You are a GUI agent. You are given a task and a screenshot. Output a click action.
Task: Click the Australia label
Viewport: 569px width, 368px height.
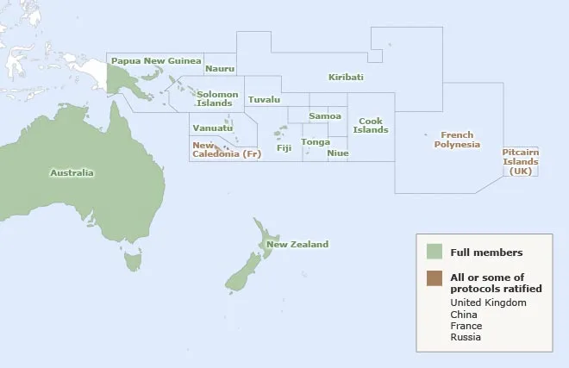point(72,173)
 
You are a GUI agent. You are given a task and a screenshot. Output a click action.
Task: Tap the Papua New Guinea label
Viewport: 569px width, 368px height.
point(156,61)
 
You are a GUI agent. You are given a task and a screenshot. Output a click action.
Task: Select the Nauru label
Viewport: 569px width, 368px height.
point(220,68)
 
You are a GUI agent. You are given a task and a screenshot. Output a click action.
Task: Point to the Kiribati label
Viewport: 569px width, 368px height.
point(346,77)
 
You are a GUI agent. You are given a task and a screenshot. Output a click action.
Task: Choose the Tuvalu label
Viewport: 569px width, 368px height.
point(264,99)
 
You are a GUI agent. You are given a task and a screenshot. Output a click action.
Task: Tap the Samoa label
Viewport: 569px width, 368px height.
point(325,115)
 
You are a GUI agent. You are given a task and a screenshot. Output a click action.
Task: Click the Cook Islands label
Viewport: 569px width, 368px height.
point(371,125)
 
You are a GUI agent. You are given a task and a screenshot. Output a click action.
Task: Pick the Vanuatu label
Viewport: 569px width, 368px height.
point(212,128)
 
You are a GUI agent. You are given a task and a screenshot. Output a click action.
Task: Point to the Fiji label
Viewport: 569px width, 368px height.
point(284,148)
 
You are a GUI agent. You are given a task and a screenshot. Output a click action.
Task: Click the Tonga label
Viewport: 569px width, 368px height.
point(315,141)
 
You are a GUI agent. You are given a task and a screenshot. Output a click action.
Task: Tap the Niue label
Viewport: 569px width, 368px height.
point(338,153)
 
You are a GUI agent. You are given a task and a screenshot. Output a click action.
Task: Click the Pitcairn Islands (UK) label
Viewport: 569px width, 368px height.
point(520,161)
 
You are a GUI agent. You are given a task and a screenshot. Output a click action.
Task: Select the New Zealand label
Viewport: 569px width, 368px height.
point(297,245)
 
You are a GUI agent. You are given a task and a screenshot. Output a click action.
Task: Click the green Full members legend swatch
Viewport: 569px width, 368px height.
point(435,252)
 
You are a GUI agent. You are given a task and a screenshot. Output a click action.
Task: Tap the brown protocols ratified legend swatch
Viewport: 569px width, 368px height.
point(435,277)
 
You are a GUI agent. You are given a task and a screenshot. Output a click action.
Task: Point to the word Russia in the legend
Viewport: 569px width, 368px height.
point(466,337)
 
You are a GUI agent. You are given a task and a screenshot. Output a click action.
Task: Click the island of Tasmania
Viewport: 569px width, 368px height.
point(132,259)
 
